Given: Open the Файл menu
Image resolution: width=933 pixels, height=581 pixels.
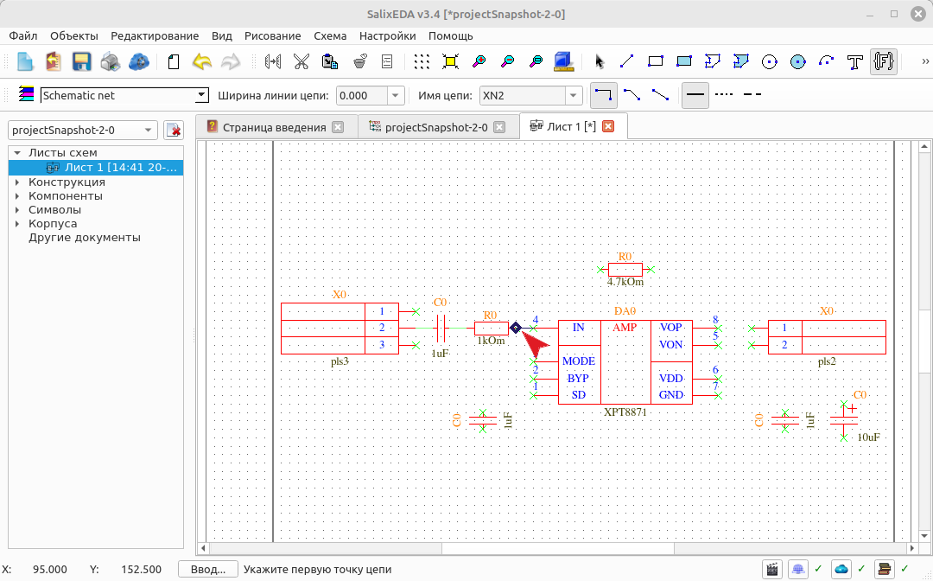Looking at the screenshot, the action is (x=23, y=35).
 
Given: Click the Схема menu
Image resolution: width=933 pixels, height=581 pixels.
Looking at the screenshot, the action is (x=330, y=35).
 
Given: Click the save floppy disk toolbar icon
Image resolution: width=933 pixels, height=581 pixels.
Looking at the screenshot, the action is (x=81, y=61).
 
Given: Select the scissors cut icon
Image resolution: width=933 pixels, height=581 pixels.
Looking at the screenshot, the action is (x=301, y=61).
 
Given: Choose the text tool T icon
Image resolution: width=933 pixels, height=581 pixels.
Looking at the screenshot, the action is (x=855, y=61).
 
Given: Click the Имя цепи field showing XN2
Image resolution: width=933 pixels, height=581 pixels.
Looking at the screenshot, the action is (x=523, y=95).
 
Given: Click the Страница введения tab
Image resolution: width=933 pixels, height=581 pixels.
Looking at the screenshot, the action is (x=275, y=127).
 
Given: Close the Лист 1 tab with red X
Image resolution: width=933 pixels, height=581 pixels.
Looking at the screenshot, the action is (x=608, y=126).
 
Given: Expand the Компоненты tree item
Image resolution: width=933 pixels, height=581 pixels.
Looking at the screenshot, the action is (x=17, y=196).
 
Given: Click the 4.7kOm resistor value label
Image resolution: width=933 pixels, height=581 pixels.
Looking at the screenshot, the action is (x=625, y=282).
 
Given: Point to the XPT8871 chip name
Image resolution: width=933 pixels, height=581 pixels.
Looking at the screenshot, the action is (x=625, y=412).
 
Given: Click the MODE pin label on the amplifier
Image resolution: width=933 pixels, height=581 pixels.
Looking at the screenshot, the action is (x=578, y=361).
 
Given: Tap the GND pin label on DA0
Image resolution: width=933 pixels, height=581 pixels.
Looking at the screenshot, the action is (x=670, y=395).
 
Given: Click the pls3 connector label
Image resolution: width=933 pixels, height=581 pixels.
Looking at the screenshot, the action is (x=340, y=362).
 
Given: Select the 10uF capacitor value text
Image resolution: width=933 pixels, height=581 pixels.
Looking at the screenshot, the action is (x=869, y=437).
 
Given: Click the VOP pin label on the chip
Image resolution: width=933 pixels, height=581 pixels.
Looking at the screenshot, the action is (x=670, y=328).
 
